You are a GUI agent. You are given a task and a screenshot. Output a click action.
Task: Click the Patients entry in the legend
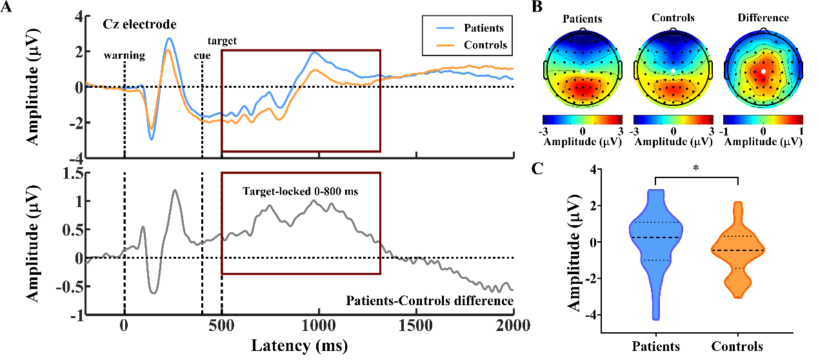click(x=483, y=28)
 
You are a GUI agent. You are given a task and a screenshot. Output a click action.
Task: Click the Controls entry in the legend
click(x=485, y=45)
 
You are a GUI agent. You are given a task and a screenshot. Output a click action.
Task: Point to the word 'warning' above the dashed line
click(x=125, y=55)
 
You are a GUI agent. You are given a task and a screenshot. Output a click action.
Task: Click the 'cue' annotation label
click(x=203, y=55)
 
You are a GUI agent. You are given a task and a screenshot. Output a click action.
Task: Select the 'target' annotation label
click(x=222, y=41)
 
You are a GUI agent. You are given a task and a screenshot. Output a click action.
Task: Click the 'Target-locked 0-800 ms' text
click(x=300, y=191)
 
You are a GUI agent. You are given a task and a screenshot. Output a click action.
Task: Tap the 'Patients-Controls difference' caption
click(x=430, y=301)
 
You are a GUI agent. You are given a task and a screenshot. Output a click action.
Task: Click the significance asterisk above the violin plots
click(x=696, y=170)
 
